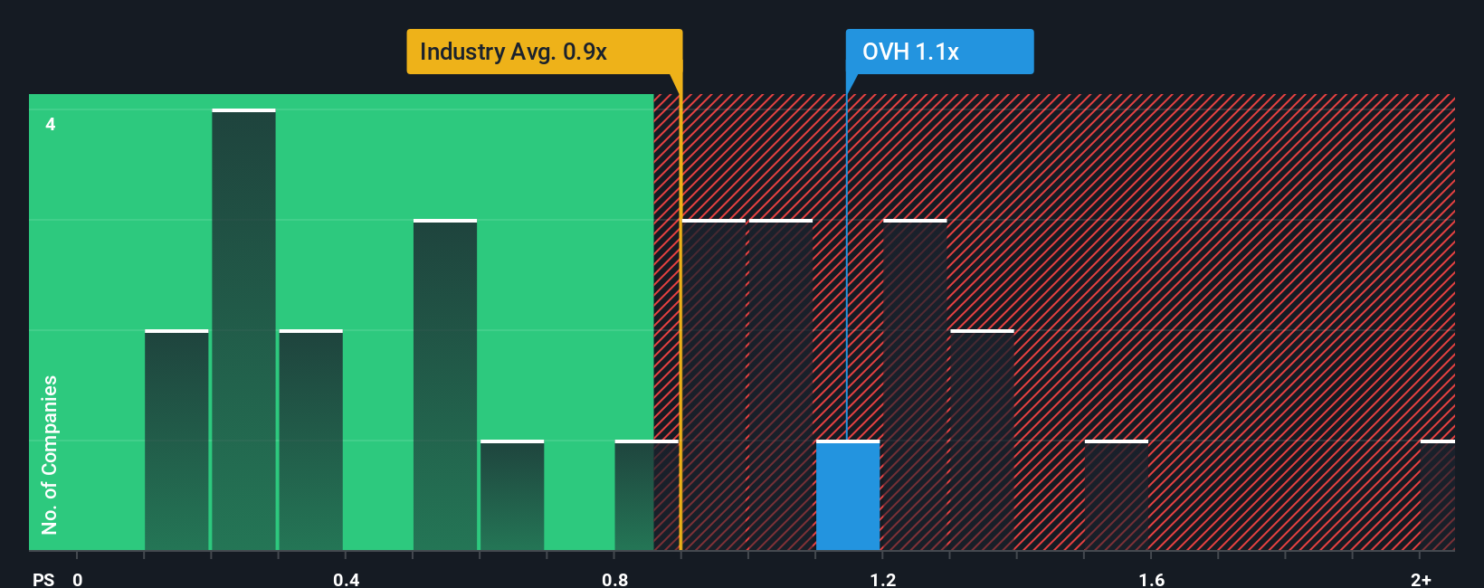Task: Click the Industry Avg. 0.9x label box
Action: pyautogui.click(x=544, y=52)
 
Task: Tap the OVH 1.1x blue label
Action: pyautogui.click(x=939, y=52)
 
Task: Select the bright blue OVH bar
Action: pyautogui.click(x=848, y=496)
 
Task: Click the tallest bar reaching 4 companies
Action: pyautogui.click(x=243, y=330)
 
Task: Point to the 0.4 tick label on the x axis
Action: pyautogui.click(x=346, y=579)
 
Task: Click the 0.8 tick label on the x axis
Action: pyautogui.click(x=614, y=579)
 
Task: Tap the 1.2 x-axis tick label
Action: pyautogui.click(x=883, y=579)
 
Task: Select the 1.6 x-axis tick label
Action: pyautogui.click(x=1151, y=579)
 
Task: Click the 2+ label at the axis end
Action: pyautogui.click(x=1421, y=579)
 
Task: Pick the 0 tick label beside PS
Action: pyautogui.click(x=78, y=579)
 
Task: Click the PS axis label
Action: pyautogui.click(x=43, y=579)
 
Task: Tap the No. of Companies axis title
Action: pyautogui.click(x=50, y=454)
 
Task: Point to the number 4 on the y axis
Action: pyautogui.click(x=51, y=124)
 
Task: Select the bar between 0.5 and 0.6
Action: pyautogui.click(x=445, y=385)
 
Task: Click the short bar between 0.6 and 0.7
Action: pyautogui.click(x=512, y=496)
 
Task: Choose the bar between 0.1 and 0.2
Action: pyautogui.click(x=176, y=441)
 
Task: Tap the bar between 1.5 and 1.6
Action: pyautogui.click(x=1117, y=496)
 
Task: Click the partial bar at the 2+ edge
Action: pyautogui.click(x=1437, y=496)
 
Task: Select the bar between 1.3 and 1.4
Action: pyautogui.click(x=982, y=441)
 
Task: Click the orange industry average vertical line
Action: pyautogui.click(x=680, y=317)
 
